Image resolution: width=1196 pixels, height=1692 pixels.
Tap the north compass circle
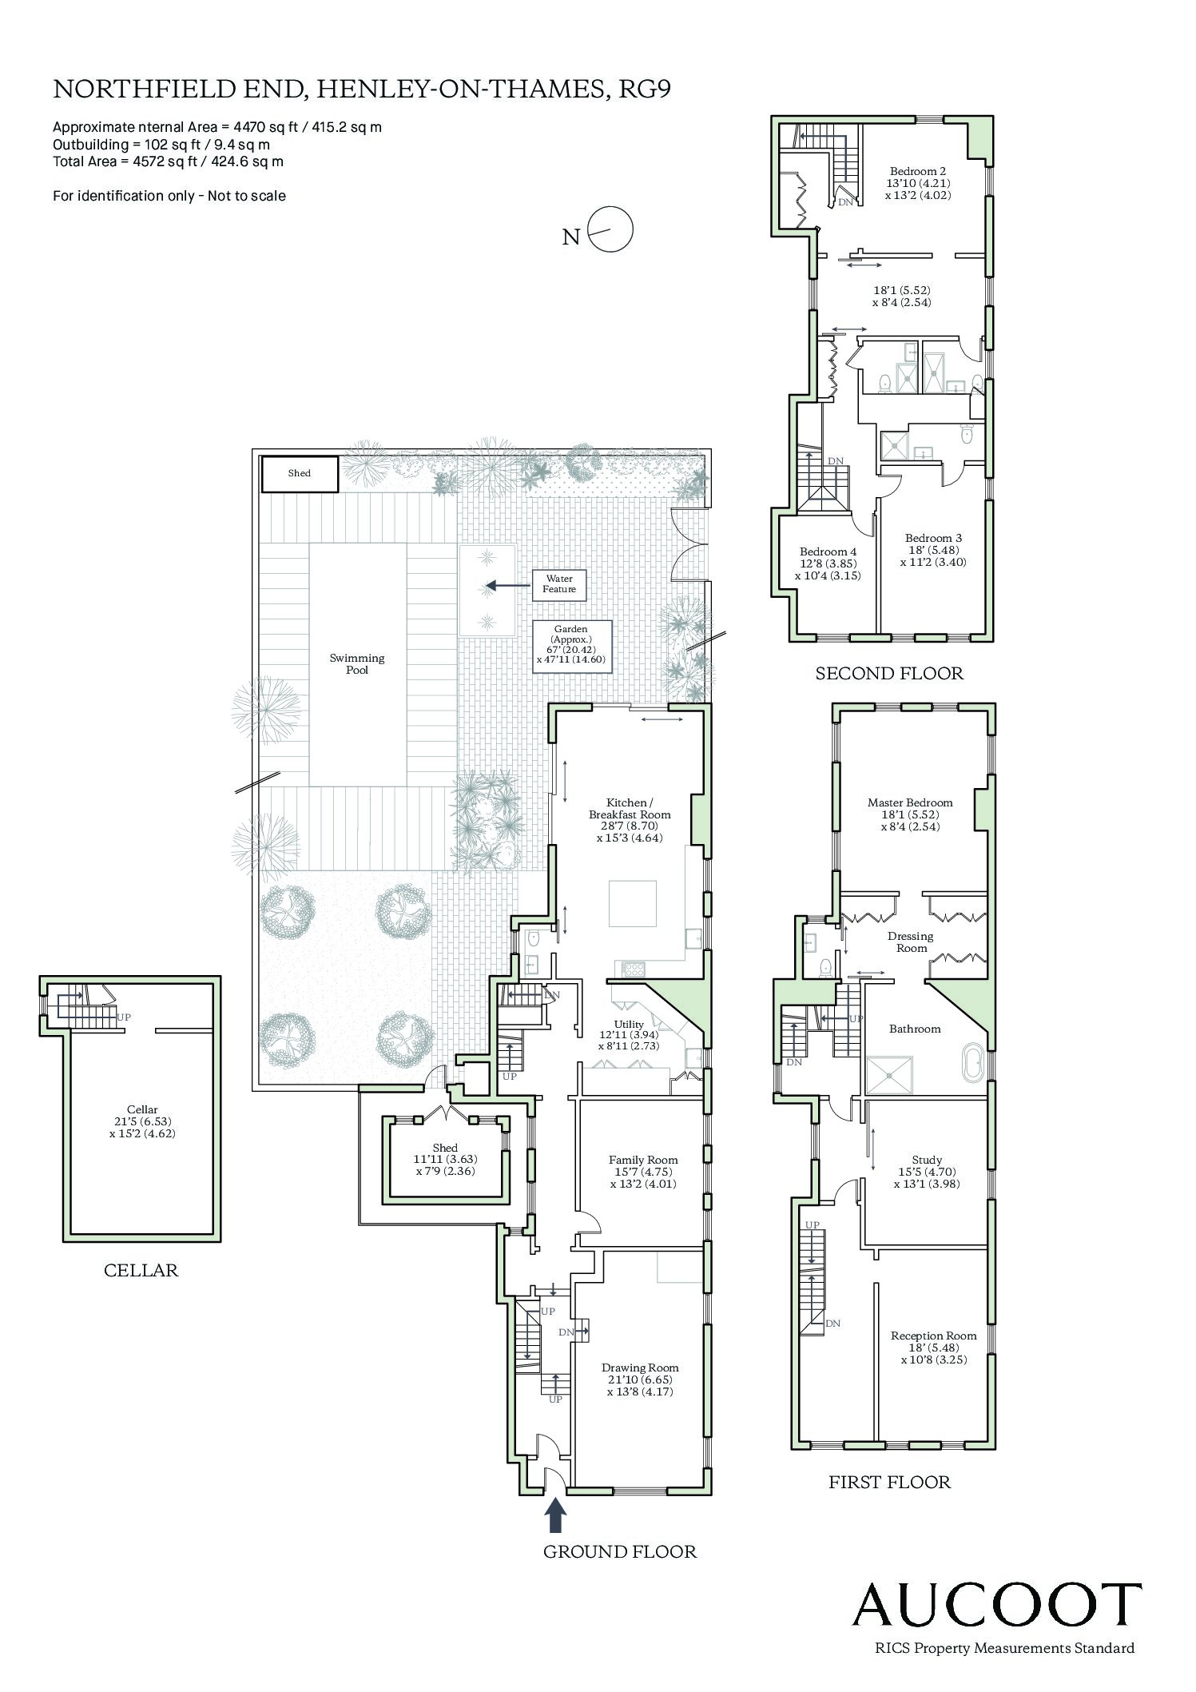pyautogui.click(x=611, y=230)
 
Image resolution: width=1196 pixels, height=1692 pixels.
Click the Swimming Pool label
pyautogui.click(x=357, y=664)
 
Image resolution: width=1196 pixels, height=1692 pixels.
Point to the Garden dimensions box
pyautogui.click(x=571, y=646)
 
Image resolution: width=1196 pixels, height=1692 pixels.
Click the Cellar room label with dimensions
pyautogui.click(x=142, y=1121)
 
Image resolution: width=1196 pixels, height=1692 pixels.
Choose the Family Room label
pyautogui.click(x=642, y=1172)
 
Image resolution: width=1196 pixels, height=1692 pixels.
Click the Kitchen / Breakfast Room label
pyautogui.click(x=630, y=820)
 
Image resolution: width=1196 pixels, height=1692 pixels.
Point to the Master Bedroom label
pyautogui.click(x=910, y=814)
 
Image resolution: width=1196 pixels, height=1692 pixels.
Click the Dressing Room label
pyautogui.click(x=911, y=942)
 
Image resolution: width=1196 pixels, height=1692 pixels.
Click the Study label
pyautogui.click(x=927, y=1172)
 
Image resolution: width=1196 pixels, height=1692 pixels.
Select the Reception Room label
pyautogui.click(x=933, y=1347)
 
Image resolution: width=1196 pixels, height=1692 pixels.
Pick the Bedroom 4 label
pyautogui.click(x=828, y=563)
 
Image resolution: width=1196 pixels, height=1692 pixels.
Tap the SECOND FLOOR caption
pyautogui.click(x=889, y=673)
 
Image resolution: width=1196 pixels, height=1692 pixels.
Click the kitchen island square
pyautogui.click(x=633, y=903)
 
